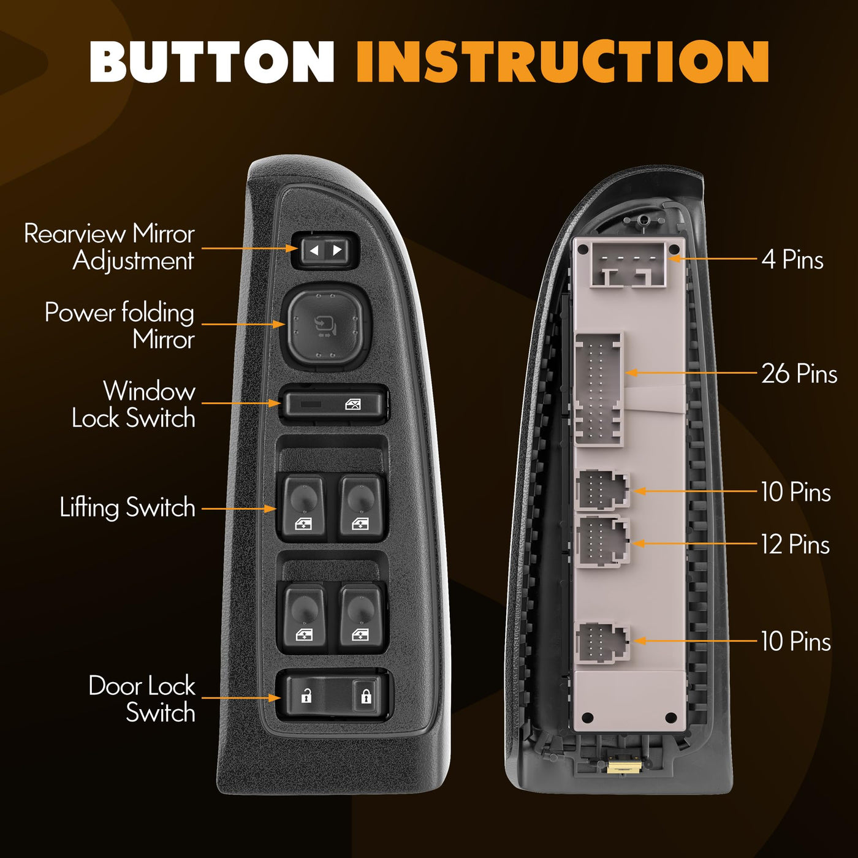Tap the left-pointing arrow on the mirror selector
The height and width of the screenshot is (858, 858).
[x=314, y=250]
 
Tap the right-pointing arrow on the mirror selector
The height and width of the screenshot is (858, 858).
[x=338, y=250]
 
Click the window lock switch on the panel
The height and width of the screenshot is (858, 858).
[x=335, y=404]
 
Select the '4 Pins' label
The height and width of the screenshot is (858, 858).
[x=792, y=259]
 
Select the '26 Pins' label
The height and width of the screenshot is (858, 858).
[x=799, y=373]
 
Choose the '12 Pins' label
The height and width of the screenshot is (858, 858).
[x=795, y=544]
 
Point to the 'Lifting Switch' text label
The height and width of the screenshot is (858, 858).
[x=128, y=507]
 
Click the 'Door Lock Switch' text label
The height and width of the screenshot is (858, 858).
[x=142, y=698]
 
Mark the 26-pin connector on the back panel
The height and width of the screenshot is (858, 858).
[x=599, y=389]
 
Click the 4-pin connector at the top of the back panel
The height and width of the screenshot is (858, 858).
[x=628, y=265]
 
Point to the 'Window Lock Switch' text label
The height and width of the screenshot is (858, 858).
[x=134, y=404]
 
